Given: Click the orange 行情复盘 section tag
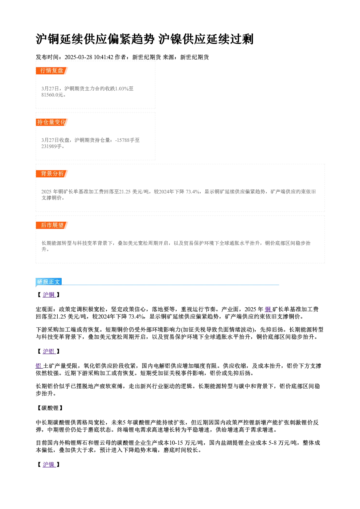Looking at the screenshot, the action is (x=52, y=71).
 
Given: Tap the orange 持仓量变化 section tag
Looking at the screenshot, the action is (x=52, y=122).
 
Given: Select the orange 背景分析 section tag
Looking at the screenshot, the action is (x=52, y=174).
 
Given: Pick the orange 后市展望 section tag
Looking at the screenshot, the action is (x=52, y=225).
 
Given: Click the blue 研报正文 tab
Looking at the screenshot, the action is (x=49, y=282).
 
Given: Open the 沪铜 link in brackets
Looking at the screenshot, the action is (x=49, y=295).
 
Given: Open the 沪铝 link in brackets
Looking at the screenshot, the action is (x=49, y=351).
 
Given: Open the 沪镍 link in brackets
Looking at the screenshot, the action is (x=49, y=464).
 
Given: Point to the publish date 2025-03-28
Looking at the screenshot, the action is (x=78, y=57).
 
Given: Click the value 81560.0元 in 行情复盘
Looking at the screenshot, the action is (x=52, y=95).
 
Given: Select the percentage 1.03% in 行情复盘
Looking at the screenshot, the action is (x=122, y=89).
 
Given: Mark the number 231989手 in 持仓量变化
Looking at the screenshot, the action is (x=52, y=147).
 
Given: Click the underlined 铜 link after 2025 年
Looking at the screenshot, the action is (x=269, y=309).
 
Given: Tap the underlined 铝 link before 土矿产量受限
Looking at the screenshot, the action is (x=39, y=366).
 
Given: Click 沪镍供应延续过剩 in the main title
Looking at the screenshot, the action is (x=206, y=39).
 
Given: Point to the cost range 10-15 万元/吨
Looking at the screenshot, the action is (x=186, y=443).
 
